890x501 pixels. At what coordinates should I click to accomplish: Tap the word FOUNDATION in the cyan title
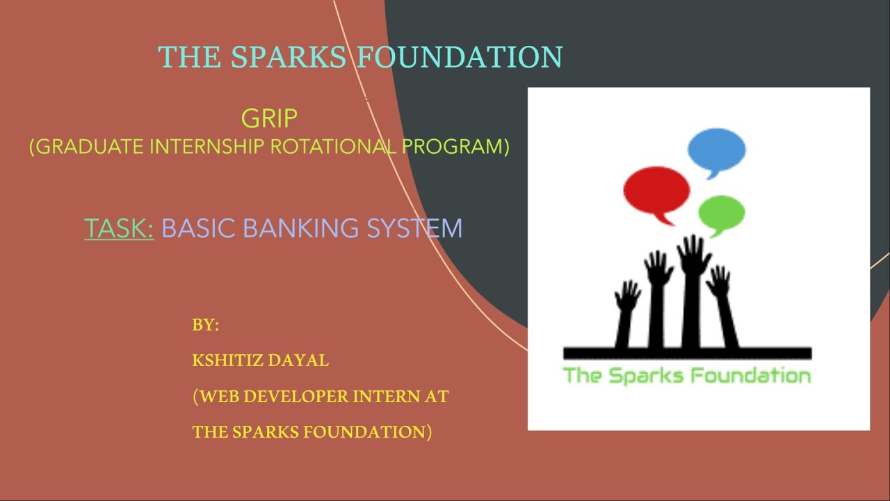(460, 57)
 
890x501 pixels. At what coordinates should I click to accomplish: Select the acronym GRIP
(269, 119)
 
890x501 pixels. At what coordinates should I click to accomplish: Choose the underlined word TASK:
(119, 228)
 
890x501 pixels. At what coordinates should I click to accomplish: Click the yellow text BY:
(206, 325)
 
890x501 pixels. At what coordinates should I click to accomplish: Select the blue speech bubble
(716, 150)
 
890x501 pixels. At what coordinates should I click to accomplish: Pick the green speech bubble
(721, 213)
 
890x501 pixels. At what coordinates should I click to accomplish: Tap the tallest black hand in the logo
(692, 292)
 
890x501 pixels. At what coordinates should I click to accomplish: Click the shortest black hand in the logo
(625, 313)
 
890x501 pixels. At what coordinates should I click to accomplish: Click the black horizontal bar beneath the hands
(687, 353)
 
